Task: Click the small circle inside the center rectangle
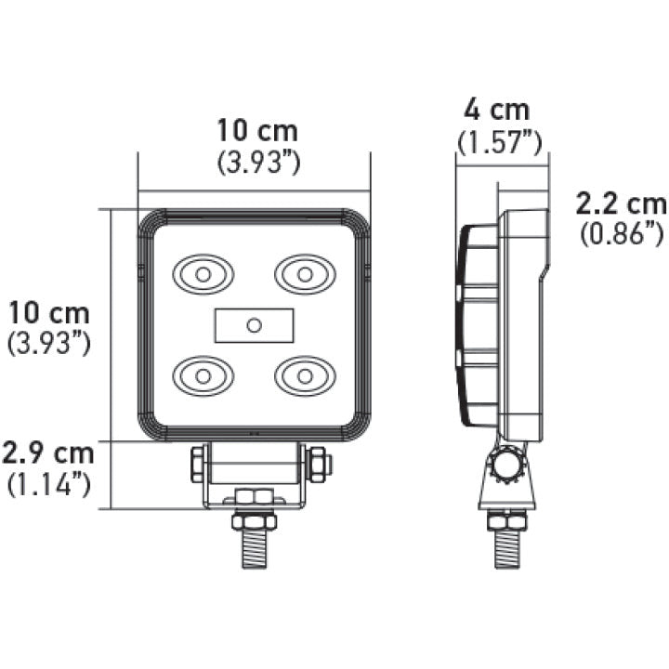pyautogui.click(x=254, y=324)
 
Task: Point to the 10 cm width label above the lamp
pyautogui.click(x=257, y=131)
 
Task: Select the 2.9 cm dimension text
pyautogui.click(x=48, y=454)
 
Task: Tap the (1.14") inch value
pyautogui.click(x=48, y=484)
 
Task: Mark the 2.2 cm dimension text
pyautogui.click(x=621, y=203)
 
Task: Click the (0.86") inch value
pyautogui.click(x=622, y=233)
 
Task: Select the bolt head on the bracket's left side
pyautogui.click(x=197, y=464)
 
